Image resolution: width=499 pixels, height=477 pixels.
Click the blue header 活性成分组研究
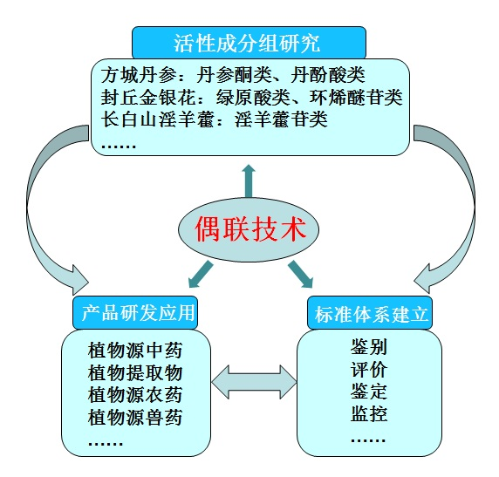249,43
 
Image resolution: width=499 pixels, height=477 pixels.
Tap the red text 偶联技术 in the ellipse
250,229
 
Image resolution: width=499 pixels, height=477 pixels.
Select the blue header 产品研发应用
135,312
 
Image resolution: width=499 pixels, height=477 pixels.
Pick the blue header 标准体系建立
370,313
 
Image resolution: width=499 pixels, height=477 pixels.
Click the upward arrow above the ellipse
249,181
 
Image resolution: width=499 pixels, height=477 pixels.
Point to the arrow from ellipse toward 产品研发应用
201,274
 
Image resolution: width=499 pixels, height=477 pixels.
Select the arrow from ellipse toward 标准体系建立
301,275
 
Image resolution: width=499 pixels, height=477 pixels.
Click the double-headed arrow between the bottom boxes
254,382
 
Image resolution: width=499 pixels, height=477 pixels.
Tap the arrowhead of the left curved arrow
80,280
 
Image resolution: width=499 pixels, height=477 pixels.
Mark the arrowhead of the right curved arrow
422,278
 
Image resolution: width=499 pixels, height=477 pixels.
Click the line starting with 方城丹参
233,75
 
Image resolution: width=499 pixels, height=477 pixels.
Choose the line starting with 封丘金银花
251,98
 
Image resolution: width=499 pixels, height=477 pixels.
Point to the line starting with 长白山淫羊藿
215,119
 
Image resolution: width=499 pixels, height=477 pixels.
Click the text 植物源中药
135,351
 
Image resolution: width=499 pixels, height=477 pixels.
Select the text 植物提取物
135,372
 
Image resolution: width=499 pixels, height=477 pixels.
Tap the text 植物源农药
135,395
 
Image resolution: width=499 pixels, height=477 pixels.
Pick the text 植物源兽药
135,417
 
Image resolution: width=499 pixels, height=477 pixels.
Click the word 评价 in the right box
369,369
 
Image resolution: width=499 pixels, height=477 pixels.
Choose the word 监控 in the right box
369,413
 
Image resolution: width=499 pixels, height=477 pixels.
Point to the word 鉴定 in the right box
369,392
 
